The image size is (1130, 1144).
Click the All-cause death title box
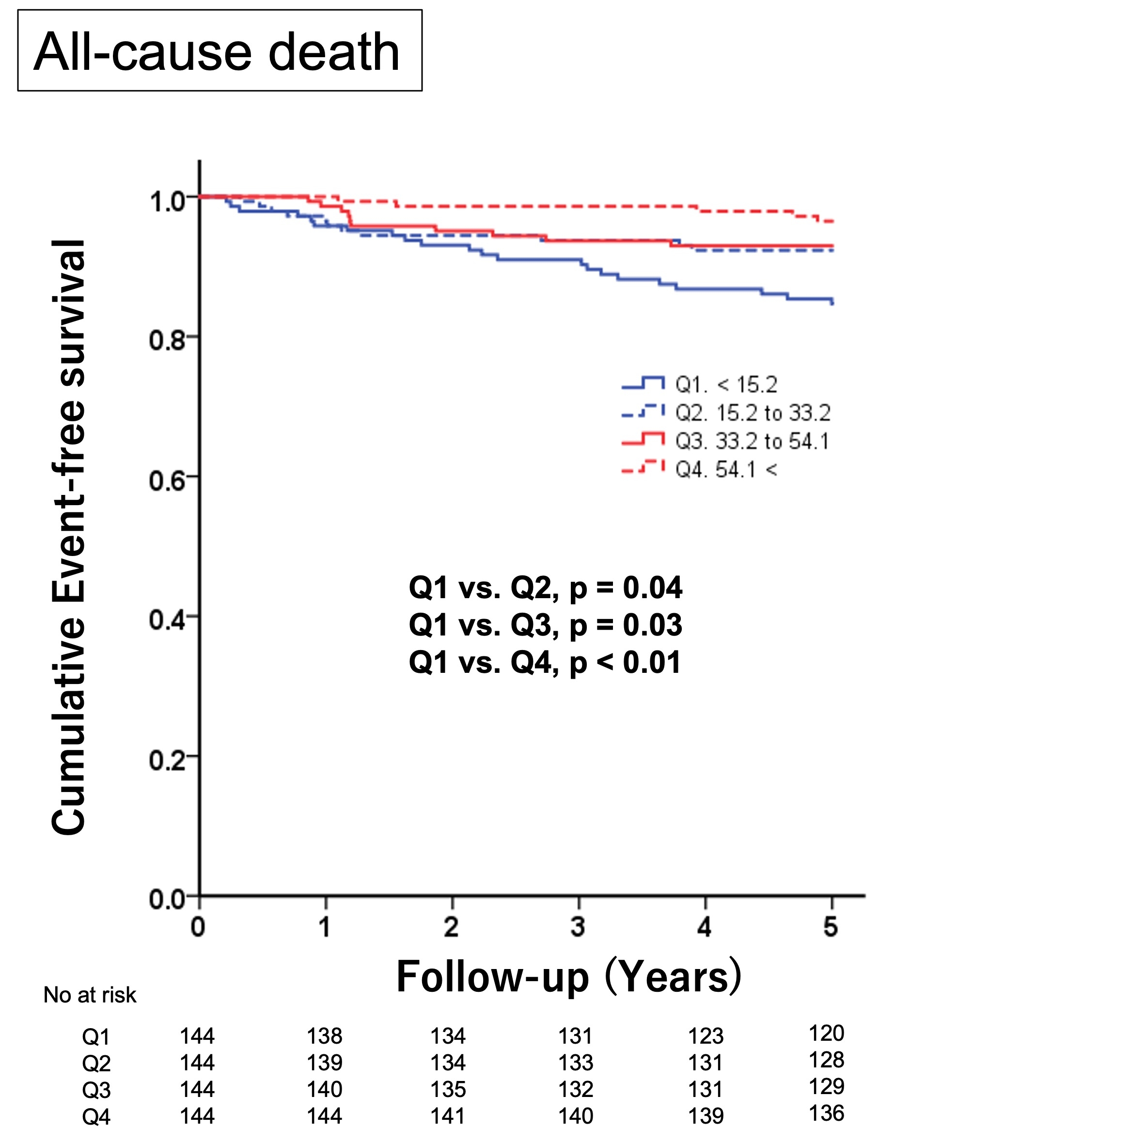tap(219, 51)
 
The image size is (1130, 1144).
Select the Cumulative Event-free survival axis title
tap(69, 538)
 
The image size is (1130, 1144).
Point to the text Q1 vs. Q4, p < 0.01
tap(545, 663)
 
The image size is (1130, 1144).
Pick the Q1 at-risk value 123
tap(706, 1037)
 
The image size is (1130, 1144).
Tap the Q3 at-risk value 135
tap(448, 1090)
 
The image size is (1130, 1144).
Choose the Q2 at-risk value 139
tap(324, 1064)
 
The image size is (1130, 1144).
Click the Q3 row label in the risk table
tap(96, 1091)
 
